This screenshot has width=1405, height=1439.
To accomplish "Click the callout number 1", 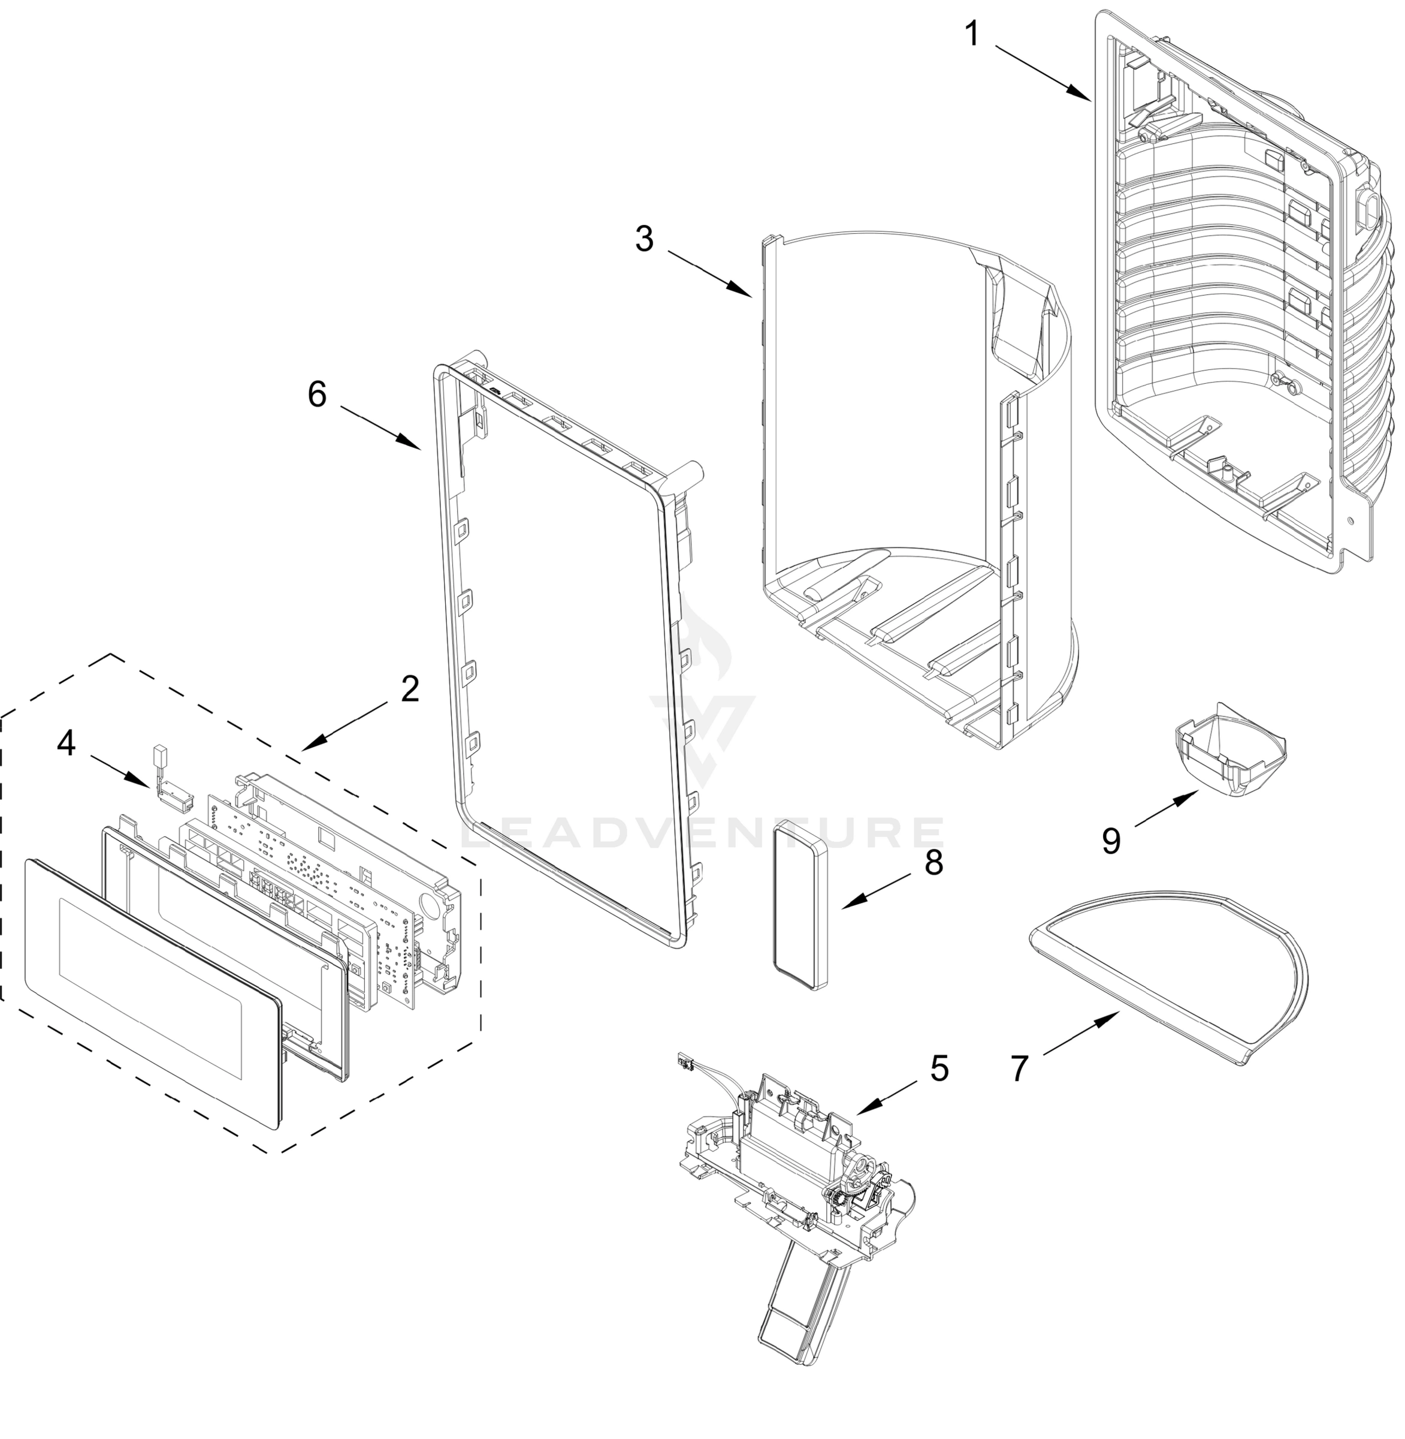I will tap(972, 33).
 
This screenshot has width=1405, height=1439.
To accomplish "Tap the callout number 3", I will tap(644, 239).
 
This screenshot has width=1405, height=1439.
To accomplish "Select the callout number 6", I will tap(316, 395).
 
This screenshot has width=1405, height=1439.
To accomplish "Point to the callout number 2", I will tap(410, 689).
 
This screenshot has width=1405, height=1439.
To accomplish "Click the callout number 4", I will tap(67, 743).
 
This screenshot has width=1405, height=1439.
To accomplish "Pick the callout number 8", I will tap(933, 862).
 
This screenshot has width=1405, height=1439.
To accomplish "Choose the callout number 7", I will tap(1019, 1068).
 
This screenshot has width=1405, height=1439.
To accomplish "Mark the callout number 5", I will tap(939, 1068).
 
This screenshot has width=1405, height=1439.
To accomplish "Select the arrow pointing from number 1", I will tap(1042, 73).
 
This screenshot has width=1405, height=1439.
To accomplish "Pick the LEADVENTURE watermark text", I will tap(701, 833).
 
